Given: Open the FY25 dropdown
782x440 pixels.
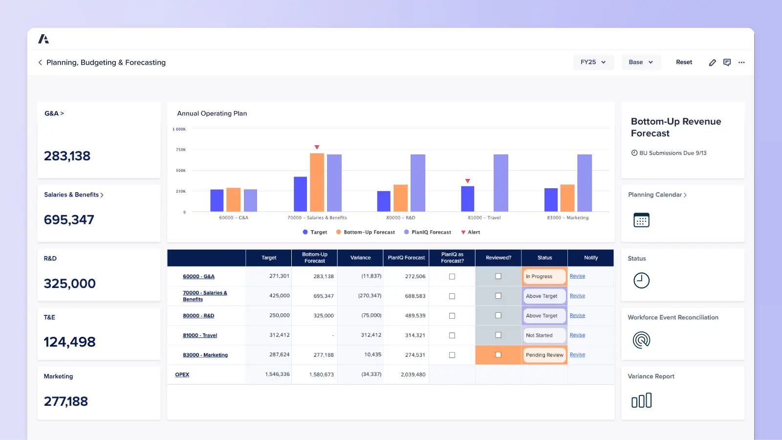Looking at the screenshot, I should (x=593, y=62).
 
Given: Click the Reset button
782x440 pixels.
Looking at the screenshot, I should (x=684, y=62).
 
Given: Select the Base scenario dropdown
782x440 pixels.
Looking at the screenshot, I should (x=641, y=62).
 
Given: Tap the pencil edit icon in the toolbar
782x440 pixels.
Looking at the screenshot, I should (x=712, y=63).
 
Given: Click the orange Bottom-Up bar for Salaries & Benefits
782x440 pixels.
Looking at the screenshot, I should (x=317, y=182).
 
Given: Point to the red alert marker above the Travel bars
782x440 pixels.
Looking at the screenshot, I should (x=468, y=181).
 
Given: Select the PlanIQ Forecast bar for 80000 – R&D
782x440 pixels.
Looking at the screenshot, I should (x=418, y=183).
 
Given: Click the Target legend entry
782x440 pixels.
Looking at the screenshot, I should (x=315, y=232).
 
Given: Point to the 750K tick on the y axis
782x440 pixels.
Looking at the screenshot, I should (x=181, y=150).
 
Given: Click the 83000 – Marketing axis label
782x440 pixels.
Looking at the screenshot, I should (x=567, y=218).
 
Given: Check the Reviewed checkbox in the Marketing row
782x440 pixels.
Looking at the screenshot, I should (x=498, y=355).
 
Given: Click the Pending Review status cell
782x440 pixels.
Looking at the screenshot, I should (x=544, y=355).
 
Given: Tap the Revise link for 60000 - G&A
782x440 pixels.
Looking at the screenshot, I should (x=577, y=276).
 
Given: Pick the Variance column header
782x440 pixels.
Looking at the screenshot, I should (x=360, y=258).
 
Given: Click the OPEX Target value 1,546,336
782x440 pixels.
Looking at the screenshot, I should (x=277, y=374).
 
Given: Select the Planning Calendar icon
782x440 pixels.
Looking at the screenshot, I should (x=641, y=220).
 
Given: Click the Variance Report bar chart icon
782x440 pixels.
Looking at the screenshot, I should (x=641, y=400).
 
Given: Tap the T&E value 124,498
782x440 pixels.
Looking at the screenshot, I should (x=70, y=342).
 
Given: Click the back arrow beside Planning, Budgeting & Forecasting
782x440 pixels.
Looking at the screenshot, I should (x=40, y=63).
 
